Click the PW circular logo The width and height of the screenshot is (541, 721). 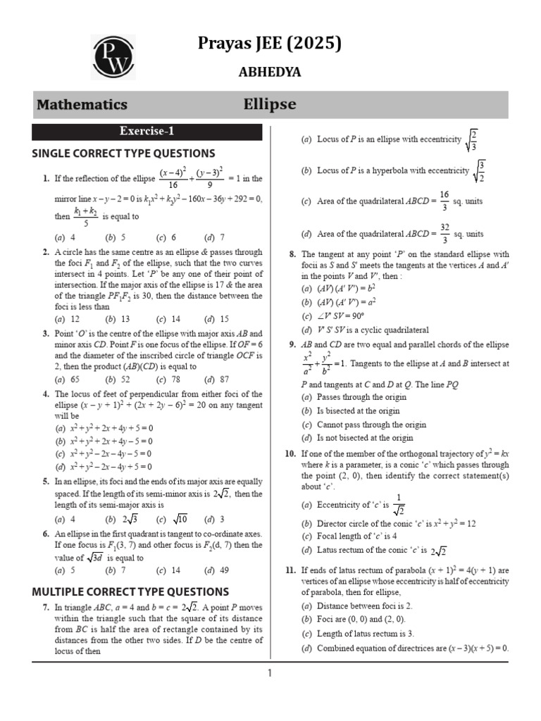click(113, 58)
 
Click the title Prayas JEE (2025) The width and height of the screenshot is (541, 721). click(270, 44)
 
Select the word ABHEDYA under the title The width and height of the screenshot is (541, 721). click(270, 72)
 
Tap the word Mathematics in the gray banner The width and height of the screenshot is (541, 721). click(82, 105)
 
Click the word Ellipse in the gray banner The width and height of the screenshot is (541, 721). click(270, 105)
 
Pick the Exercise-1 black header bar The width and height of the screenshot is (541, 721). click(147, 132)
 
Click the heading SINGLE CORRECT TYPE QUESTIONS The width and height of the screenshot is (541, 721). click(123, 153)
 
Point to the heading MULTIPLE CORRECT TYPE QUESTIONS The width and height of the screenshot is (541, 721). click(130, 591)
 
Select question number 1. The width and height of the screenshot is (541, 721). click(45, 179)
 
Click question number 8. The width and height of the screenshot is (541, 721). click(292, 254)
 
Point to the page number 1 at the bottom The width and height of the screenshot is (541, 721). click(269, 673)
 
